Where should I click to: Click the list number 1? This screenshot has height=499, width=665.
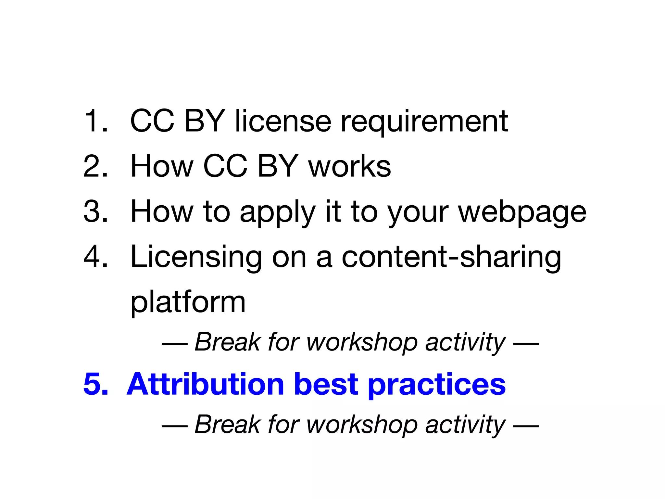[95, 121]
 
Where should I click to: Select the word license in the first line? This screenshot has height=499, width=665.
[283, 121]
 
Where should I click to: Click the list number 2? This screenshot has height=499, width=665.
[95, 166]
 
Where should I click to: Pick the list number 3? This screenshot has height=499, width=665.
[95, 211]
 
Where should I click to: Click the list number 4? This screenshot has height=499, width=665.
[95, 257]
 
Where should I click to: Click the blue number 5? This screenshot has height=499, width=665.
[95, 384]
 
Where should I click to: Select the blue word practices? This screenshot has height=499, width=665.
[436, 385]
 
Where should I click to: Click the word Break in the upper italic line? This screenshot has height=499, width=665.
[227, 342]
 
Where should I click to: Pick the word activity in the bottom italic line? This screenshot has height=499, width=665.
[465, 425]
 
